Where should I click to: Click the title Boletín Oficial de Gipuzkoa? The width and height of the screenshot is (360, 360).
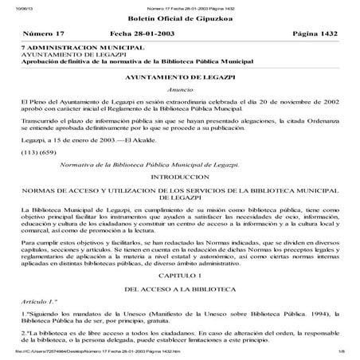pos(178,18)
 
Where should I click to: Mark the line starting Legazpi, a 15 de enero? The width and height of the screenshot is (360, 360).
pos(79,139)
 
